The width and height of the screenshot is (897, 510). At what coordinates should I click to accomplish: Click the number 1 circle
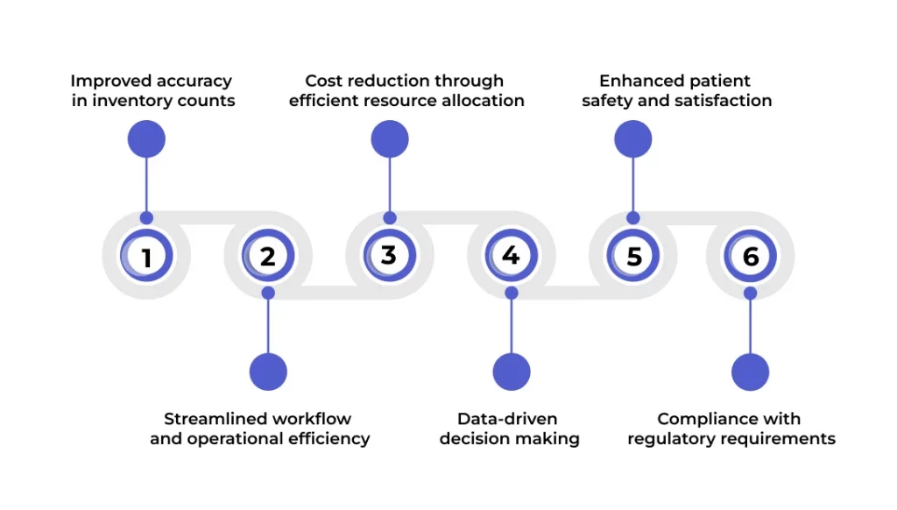[146, 258]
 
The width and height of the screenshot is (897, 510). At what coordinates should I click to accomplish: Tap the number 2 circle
[268, 258]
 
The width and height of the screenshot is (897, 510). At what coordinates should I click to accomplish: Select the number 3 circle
[390, 256]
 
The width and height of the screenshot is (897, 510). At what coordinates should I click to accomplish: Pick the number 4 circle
[511, 258]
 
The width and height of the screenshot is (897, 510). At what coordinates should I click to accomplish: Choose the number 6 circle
[750, 258]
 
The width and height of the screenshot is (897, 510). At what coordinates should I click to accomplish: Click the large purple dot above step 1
[146, 138]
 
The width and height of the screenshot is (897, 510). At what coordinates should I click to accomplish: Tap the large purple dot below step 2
[268, 372]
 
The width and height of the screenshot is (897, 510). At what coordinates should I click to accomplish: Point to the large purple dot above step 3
[390, 138]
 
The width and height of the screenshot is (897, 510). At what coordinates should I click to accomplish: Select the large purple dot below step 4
[512, 372]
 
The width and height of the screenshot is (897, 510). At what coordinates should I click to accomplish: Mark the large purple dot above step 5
[633, 138]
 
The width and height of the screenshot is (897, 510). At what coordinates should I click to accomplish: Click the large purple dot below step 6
[750, 372]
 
